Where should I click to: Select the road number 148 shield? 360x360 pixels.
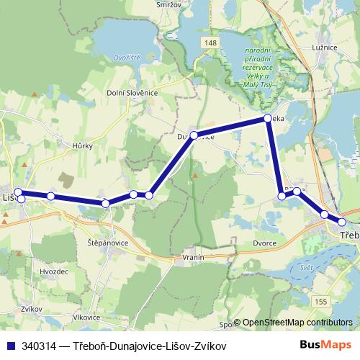(x=209, y=44)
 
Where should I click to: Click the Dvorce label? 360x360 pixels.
(x=265, y=243)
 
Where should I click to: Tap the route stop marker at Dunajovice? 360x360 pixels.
(x=194, y=135)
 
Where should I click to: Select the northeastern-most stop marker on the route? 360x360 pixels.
(x=268, y=118)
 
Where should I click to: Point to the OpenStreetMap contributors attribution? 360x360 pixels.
(x=297, y=323)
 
